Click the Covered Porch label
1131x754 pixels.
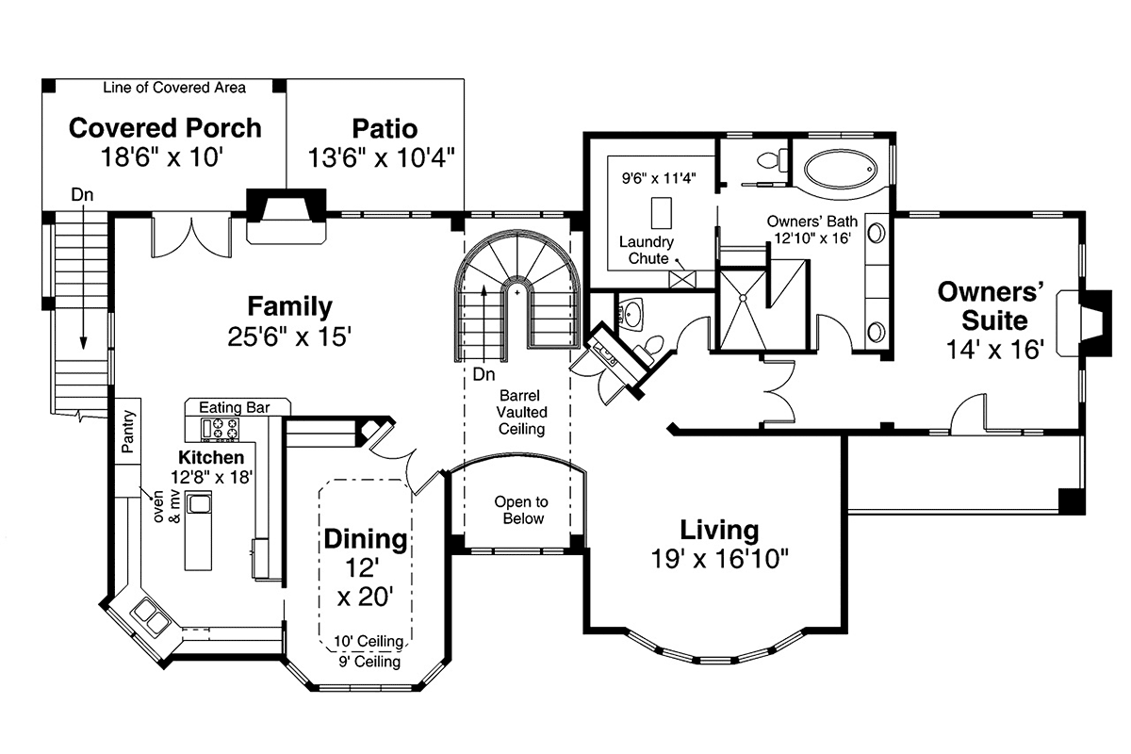[x=165, y=128]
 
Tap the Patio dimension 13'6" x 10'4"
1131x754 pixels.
[x=381, y=157]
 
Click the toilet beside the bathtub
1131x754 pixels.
[x=773, y=160]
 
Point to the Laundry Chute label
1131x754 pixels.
[x=647, y=250]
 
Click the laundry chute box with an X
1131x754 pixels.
[x=682, y=279]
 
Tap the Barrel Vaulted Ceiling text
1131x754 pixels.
[x=521, y=412]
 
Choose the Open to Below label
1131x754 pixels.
[x=521, y=510]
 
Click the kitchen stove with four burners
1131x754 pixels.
[x=220, y=429]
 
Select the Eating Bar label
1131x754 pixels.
[x=235, y=407]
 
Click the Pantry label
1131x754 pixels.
[x=128, y=431]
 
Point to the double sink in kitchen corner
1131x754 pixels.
[x=151, y=616]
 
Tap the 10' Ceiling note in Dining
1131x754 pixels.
[x=369, y=642]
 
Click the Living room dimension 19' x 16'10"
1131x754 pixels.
[x=719, y=559]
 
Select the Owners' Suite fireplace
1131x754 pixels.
[x=1086, y=323]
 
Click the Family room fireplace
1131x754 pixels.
[x=287, y=216]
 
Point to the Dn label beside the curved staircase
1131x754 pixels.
[x=484, y=374]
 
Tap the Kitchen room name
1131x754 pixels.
[x=211, y=457]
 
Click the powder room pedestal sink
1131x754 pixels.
[x=631, y=314]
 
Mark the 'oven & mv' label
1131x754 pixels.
[x=167, y=506]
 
